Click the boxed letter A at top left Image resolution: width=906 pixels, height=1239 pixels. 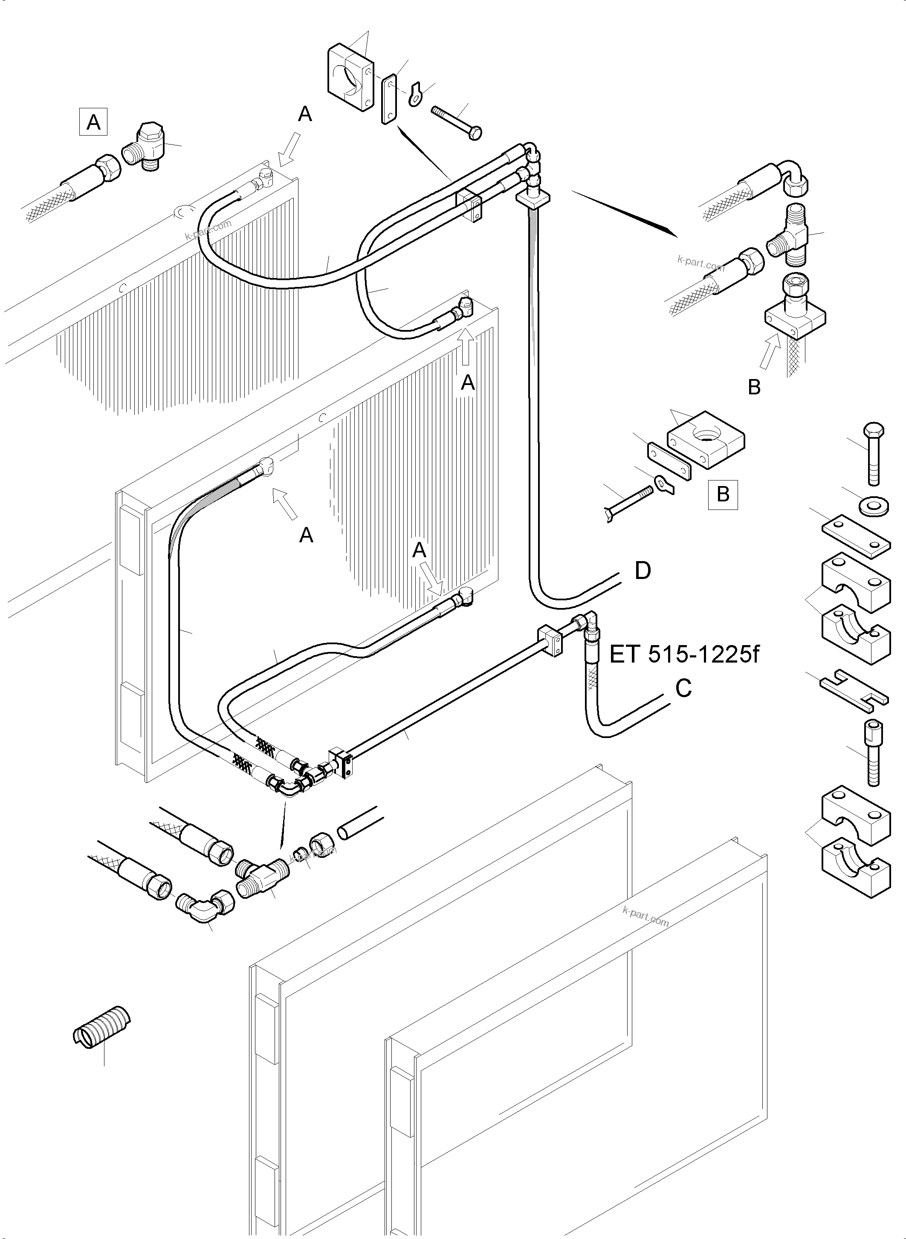[93, 122]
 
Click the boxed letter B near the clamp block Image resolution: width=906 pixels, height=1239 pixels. [722, 495]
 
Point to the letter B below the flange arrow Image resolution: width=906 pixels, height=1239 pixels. [754, 387]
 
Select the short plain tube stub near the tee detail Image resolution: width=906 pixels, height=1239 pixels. [359, 822]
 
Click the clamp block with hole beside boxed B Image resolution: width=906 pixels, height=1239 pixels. [706, 440]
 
